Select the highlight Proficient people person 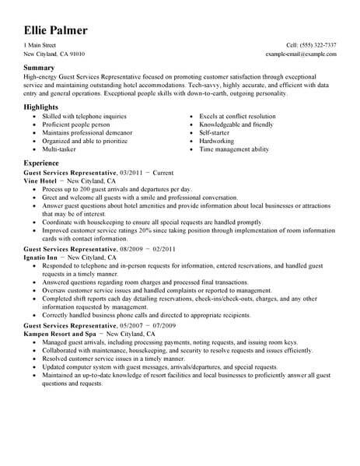74,123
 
